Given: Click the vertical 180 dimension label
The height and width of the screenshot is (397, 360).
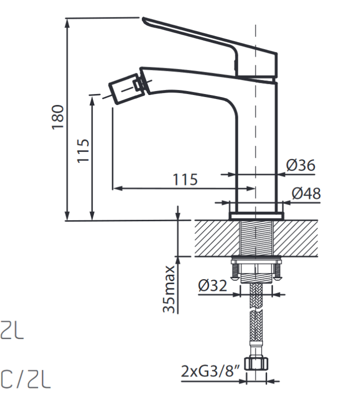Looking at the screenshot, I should click(x=59, y=117).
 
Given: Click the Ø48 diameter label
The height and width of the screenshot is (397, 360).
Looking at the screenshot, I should click(x=306, y=193).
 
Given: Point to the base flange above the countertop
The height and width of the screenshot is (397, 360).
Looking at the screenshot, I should click(x=256, y=215).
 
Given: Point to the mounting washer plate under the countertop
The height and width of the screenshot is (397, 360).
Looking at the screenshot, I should click(x=256, y=259).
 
